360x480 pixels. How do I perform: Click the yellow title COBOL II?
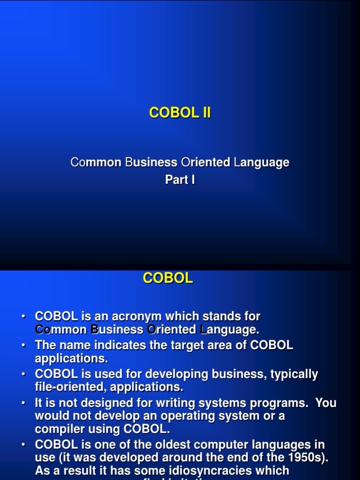pos(180,113)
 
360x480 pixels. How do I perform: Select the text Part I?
pos(180,180)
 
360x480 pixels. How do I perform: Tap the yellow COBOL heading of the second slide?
pos(168,278)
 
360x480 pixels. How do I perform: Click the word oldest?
pos(185,444)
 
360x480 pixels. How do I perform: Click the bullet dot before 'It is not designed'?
pos(23,403)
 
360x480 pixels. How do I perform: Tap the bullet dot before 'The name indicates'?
pos(23,345)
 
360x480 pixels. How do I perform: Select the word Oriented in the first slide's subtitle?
pos(205,163)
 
